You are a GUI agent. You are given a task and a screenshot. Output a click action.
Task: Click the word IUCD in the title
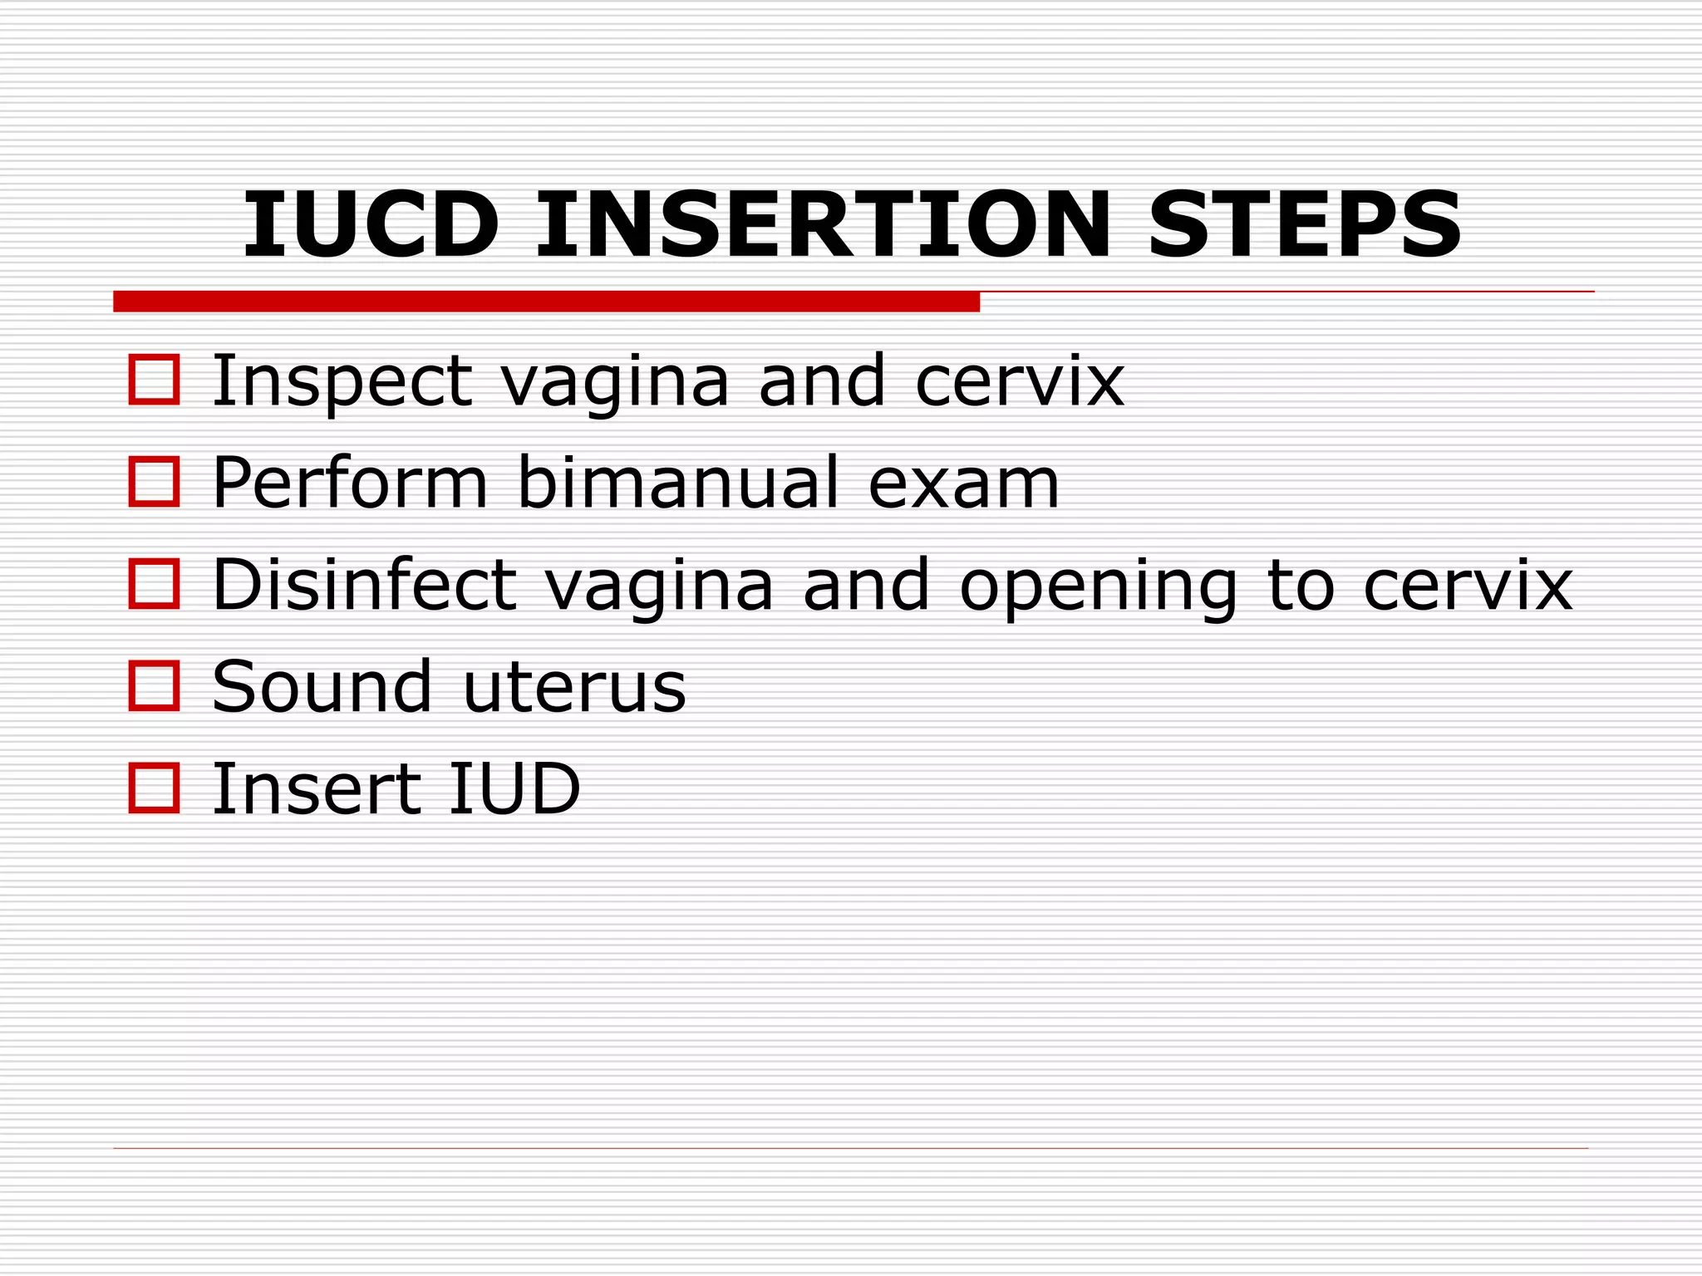pos(371,224)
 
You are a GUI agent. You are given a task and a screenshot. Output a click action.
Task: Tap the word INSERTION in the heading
pos(823,224)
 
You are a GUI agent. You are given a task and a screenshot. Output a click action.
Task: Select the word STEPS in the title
pos(1304,224)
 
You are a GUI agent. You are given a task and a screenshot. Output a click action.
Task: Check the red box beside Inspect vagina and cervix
pos(155,380)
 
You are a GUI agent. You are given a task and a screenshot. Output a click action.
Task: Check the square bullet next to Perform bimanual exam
pos(155,482)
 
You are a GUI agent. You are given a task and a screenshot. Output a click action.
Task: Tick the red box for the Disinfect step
pos(155,584)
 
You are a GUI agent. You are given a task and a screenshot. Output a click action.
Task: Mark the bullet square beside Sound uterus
pos(155,686)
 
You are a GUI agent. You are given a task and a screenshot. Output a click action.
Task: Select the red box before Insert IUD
pos(155,788)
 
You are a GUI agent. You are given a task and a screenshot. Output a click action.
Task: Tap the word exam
pos(964,483)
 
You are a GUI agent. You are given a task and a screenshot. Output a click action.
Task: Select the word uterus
pos(574,688)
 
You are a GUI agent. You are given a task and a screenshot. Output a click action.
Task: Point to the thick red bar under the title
pos(546,302)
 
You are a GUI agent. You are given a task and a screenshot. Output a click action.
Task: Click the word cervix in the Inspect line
pos(1020,382)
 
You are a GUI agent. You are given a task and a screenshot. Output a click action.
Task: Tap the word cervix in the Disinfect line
pos(1468,586)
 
